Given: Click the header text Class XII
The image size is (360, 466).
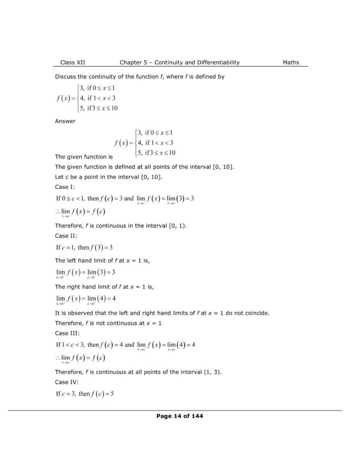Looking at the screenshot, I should point(72,62).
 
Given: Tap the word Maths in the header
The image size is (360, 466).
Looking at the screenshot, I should point(291,62).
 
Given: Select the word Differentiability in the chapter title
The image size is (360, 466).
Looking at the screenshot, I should point(214,62).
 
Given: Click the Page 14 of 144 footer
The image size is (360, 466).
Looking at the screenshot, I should point(180,415).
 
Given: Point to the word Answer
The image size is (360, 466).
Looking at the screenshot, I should point(65,121).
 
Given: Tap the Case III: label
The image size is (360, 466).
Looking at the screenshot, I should point(67,333).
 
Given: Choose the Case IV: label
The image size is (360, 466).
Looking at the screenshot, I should point(67,382).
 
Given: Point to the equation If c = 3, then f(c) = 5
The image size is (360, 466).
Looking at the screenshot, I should point(85,394).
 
